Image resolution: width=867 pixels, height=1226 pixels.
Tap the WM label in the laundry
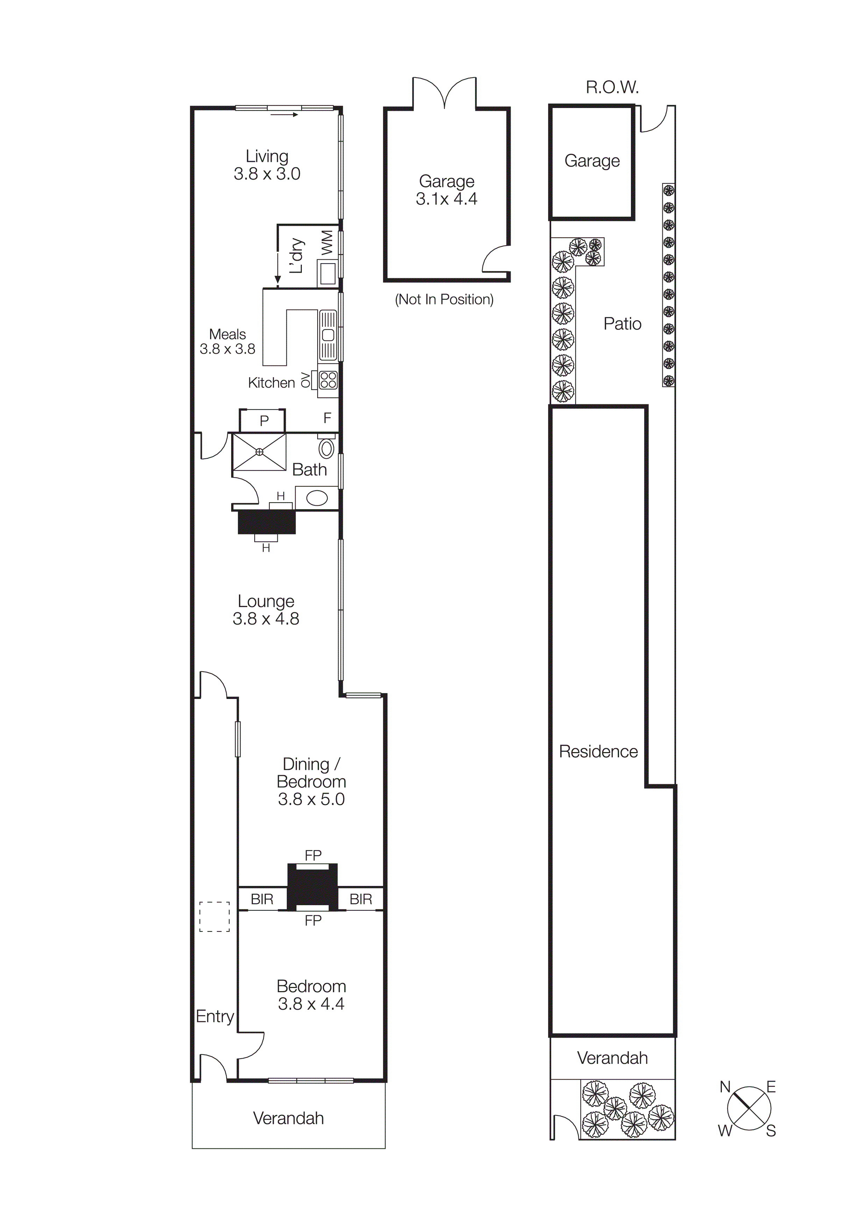click(327, 243)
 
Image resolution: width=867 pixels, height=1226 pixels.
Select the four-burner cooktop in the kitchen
click(328, 380)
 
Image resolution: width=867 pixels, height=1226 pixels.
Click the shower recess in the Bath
click(260, 452)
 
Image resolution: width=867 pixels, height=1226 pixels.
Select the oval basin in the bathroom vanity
click(317, 498)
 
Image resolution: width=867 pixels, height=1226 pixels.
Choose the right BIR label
click(361, 899)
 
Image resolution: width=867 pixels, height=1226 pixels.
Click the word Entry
click(215, 1016)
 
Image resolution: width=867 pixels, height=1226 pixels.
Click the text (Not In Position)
click(444, 300)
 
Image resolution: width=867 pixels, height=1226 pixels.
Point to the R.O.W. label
click(612, 87)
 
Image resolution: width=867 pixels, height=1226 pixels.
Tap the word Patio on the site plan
click(622, 324)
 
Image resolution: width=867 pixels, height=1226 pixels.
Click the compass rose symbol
click(749, 1109)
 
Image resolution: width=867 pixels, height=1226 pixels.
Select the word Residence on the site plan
click(598, 751)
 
